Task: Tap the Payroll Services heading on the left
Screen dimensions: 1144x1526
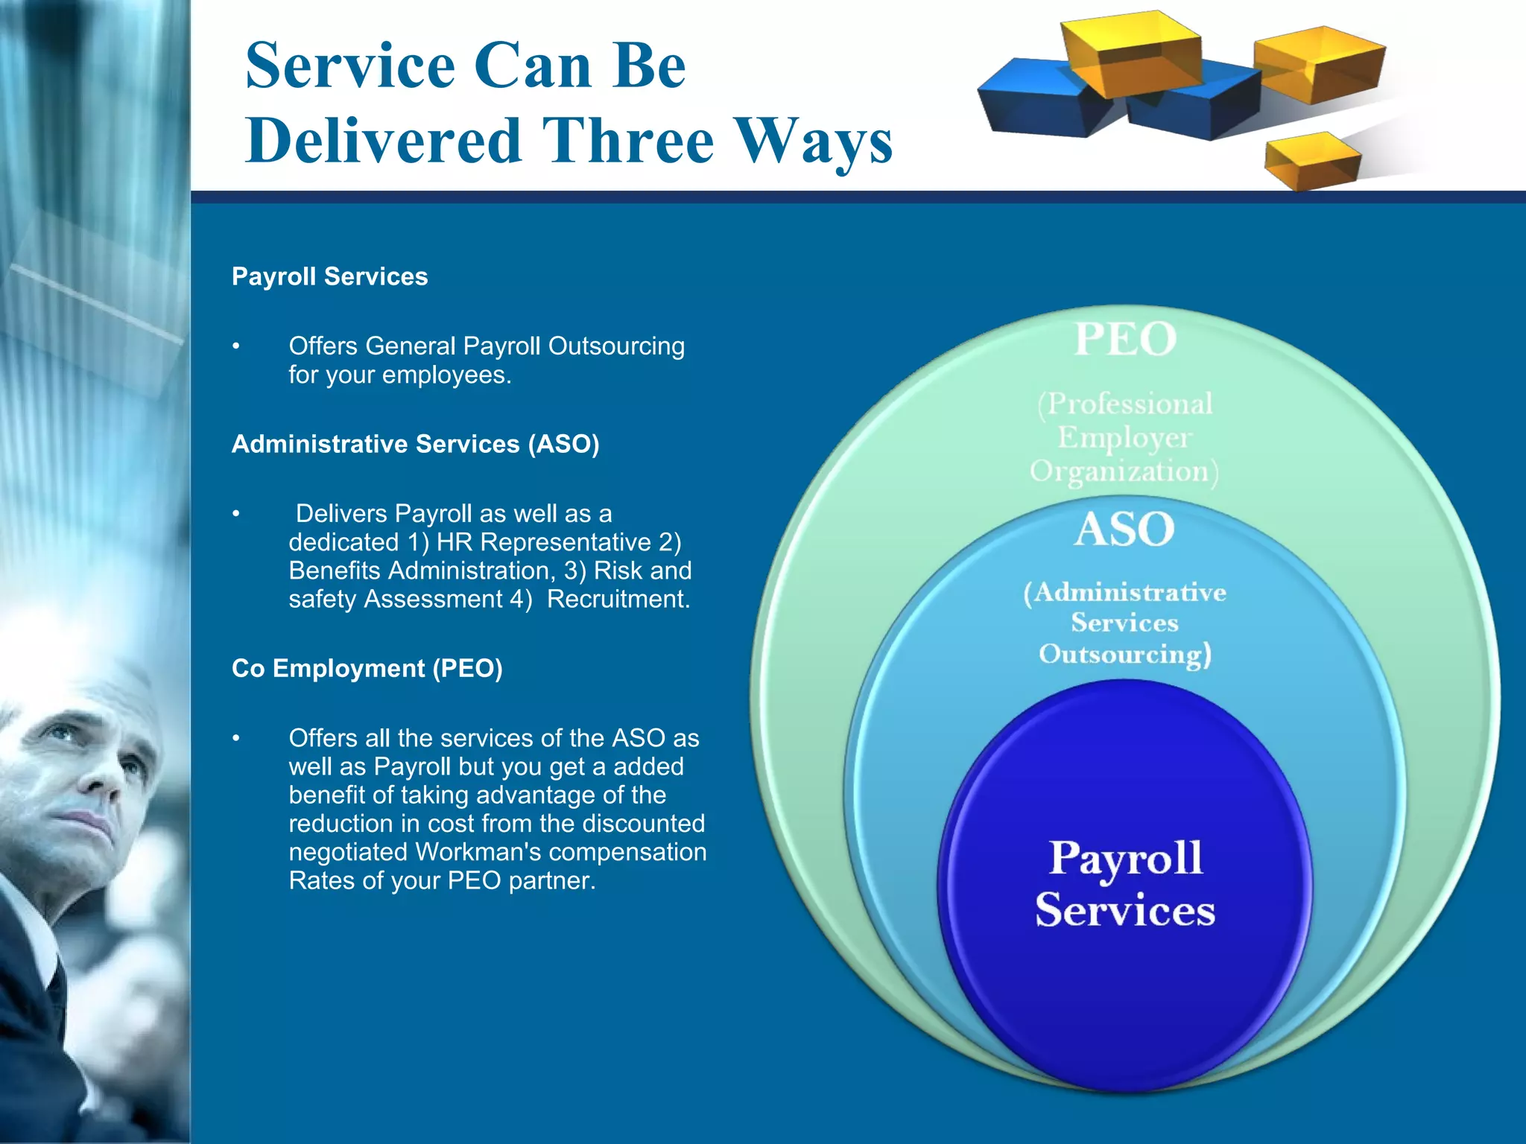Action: click(x=329, y=276)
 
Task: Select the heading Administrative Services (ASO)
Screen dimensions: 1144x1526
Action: click(x=415, y=444)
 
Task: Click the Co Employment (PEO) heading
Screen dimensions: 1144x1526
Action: click(x=367, y=668)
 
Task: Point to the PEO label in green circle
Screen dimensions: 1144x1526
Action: click(x=1125, y=340)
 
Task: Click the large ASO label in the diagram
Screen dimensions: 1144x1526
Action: click(x=1124, y=530)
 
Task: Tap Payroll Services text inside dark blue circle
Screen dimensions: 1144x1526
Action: click(x=1125, y=883)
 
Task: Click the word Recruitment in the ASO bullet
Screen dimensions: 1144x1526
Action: click(x=618, y=599)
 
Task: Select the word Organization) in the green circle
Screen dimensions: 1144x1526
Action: click(x=1124, y=472)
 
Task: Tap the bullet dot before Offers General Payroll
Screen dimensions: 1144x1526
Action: click(x=236, y=346)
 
